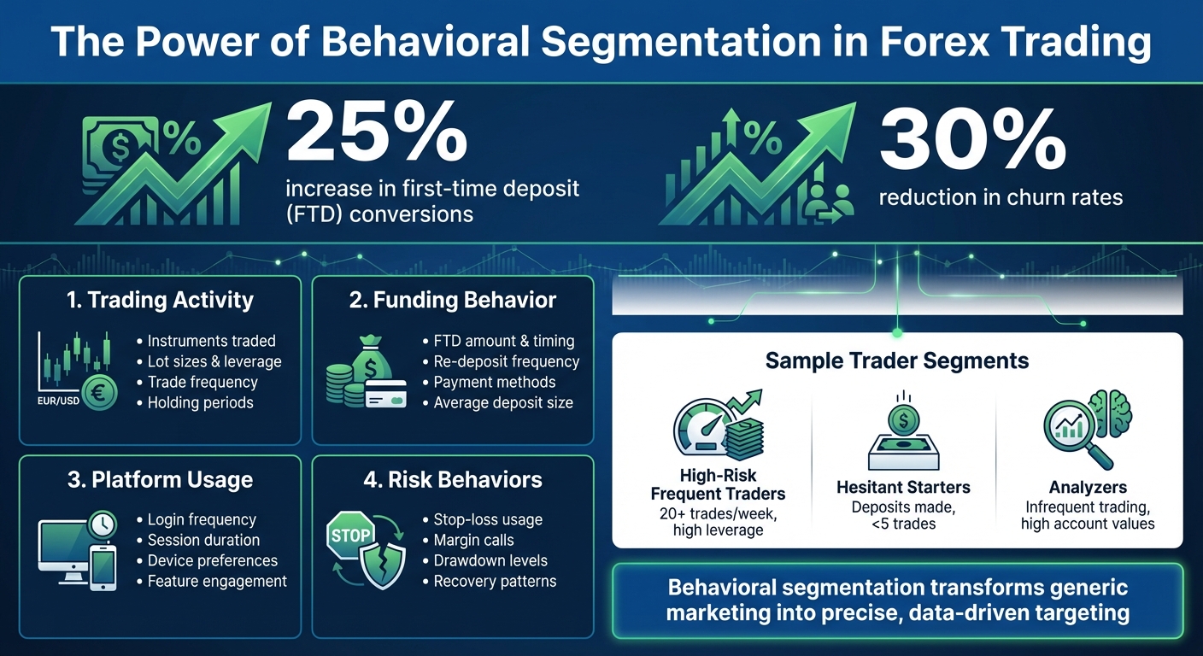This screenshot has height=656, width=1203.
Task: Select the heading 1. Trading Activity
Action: tap(160, 300)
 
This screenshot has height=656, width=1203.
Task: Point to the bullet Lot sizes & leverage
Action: tap(214, 361)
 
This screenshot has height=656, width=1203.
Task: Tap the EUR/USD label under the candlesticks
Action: tap(58, 401)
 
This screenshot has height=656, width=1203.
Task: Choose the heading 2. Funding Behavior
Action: tap(452, 300)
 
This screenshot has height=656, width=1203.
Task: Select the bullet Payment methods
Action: tap(494, 382)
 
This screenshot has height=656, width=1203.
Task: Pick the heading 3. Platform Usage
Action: tap(160, 479)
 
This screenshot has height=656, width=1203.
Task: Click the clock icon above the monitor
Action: tap(100, 523)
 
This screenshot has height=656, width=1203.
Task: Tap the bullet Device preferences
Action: tap(212, 560)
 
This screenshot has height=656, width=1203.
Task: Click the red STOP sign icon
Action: tap(350, 536)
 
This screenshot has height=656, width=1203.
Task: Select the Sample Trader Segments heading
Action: tap(897, 360)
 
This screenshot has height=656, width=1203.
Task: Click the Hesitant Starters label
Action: tap(904, 488)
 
